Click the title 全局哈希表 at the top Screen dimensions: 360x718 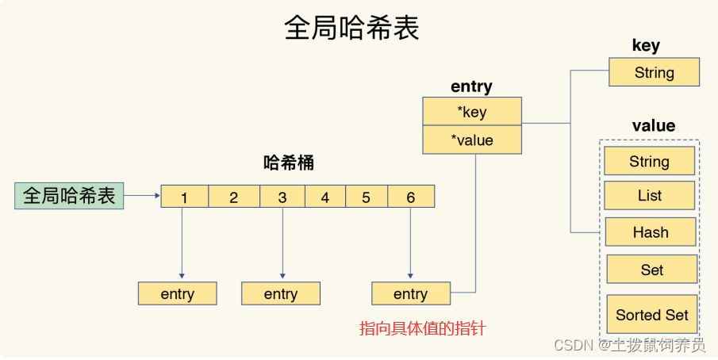[x=351, y=29]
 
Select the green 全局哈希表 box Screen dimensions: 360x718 [x=69, y=195]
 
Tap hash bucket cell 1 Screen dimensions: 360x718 [x=184, y=197]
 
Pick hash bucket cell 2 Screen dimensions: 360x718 [x=233, y=197]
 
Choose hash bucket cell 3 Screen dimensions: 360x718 [x=282, y=197]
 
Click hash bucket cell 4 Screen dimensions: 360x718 [x=324, y=197]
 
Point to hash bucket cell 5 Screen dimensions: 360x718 [x=366, y=197]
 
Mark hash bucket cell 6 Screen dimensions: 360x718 [x=410, y=197]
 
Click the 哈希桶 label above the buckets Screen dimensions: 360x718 [x=288, y=163]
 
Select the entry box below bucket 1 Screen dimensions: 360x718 [x=177, y=293]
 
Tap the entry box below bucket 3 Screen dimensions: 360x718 [x=281, y=293]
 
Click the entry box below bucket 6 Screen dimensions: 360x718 [x=410, y=293]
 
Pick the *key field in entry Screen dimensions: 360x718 [x=472, y=112]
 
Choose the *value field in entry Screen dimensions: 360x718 [x=472, y=140]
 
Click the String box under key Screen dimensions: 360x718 [x=654, y=73]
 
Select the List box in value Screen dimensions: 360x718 [x=649, y=195]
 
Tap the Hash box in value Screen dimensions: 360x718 [x=650, y=232]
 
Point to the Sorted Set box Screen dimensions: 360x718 [x=651, y=314]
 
